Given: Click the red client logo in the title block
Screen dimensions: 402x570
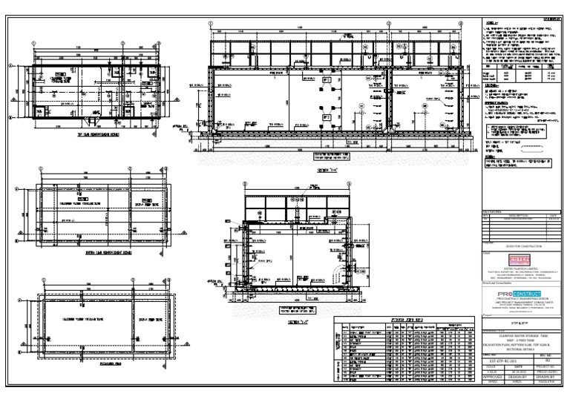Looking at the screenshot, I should (519, 260).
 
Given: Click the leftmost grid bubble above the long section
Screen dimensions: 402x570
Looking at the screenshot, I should (211, 23).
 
